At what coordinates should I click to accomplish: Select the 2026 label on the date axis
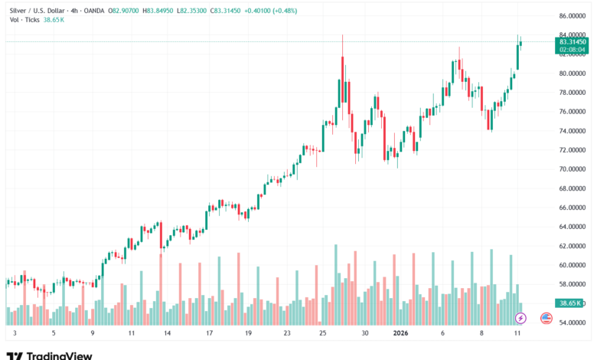click(x=400, y=334)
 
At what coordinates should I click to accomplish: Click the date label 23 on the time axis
click(x=286, y=334)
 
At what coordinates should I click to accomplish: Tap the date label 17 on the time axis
click(x=209, y=334)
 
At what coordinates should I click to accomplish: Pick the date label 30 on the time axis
click(x=366, y=334)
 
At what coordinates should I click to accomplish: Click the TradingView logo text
click(x=59, y=355)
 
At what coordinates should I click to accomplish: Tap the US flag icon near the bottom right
click(x=546, y=318)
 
